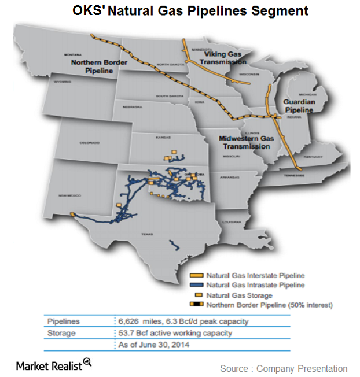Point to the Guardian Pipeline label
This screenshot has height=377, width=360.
(x=298, y=105)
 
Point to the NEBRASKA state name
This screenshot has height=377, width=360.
(x=133, y=108)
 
